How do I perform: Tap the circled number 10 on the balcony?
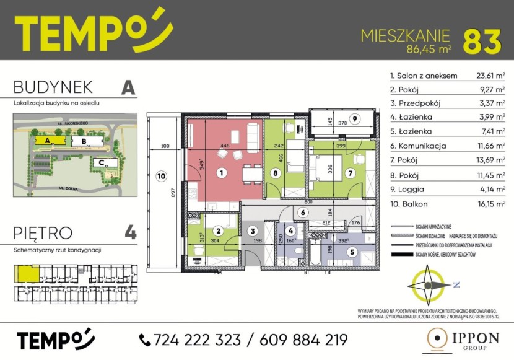pos(161,176)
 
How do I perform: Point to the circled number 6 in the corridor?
pos(303,213)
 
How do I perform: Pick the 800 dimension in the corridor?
pos(308,202)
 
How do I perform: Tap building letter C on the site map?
pos(100,162)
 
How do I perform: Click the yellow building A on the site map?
pos(46,141)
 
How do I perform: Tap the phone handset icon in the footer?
pos(145,340)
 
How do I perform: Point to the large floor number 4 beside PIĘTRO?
pos(130,234)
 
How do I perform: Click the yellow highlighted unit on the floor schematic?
pos(27,273)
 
